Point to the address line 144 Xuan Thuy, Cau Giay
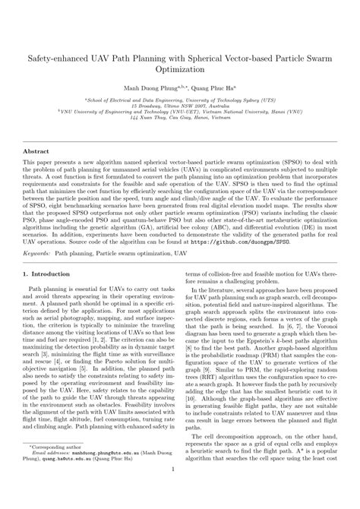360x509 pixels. (180, 119)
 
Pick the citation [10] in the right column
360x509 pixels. (191, 418)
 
